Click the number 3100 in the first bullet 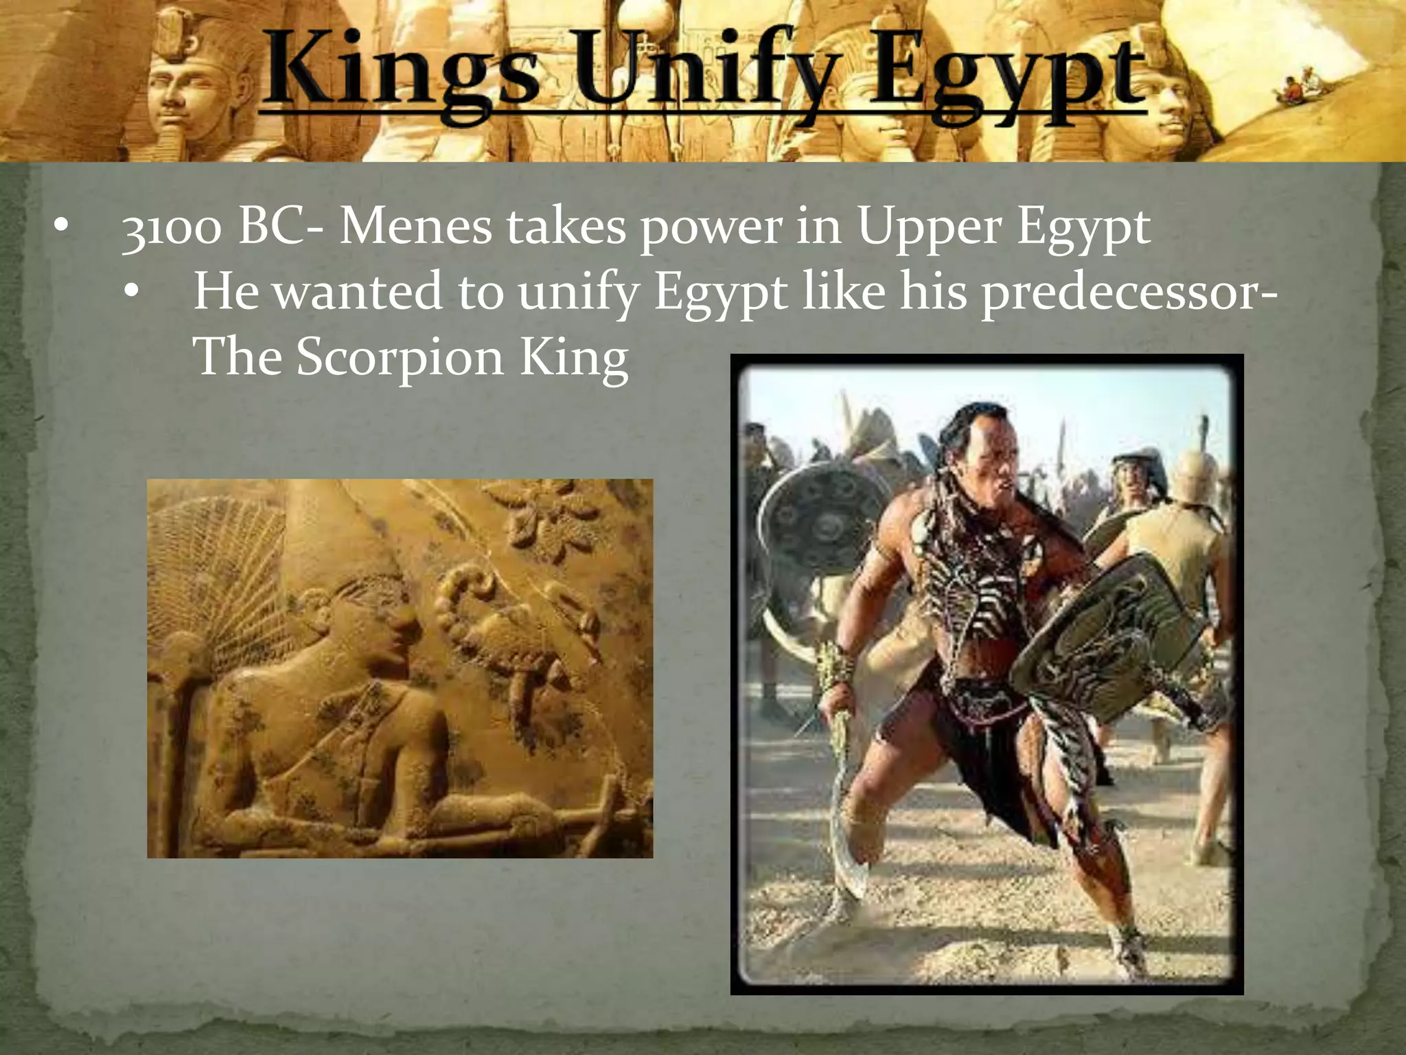click(x=172, y=228)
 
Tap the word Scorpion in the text click(x=400, y=358)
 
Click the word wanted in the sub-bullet click(x=357, y=292)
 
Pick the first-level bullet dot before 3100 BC click(x=61, y=226)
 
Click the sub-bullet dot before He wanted click(x=132, y=291)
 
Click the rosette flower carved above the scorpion click(x=542, y=522)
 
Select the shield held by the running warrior click(x=1105, y=639)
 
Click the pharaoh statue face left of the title click(x=182, y=96)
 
